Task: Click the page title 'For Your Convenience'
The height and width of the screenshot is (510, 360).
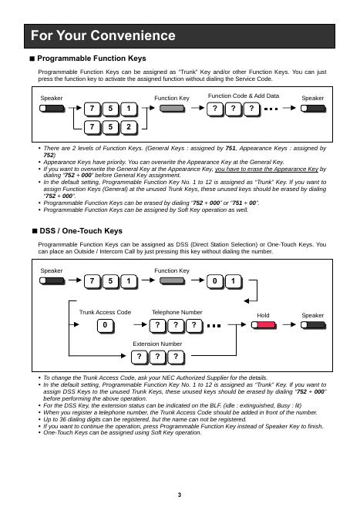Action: point(103,35)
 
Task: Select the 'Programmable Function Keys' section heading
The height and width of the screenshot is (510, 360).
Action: point(92,59)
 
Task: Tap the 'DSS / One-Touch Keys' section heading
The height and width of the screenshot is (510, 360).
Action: point(81,231)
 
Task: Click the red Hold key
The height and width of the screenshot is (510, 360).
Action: point(264,325)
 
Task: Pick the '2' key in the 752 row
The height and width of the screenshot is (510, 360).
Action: point(129,127)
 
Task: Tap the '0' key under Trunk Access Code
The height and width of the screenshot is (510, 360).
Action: point(105,326)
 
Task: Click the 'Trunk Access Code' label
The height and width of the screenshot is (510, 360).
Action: point(105,312)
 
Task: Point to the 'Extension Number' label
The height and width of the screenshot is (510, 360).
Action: point(157,344)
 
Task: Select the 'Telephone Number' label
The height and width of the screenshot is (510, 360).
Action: point(177,312)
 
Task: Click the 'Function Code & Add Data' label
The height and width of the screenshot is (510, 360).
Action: point(244,96)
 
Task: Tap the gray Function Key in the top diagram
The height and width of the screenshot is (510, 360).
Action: point(172,109)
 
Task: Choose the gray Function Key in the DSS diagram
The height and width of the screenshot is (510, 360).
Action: point(172,280)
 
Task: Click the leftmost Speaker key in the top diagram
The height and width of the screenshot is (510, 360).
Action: point(52,109)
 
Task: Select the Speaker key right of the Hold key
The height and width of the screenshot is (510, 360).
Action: point(314,325)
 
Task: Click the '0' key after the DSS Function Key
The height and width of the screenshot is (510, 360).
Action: point(215,281)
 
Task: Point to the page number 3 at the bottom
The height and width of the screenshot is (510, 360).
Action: point(180,495)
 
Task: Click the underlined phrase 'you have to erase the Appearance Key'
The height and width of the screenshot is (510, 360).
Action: point(266,169)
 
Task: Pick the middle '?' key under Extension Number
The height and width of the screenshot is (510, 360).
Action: point(157,357)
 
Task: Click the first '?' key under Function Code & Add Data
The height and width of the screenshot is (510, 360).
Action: point(215,109)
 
